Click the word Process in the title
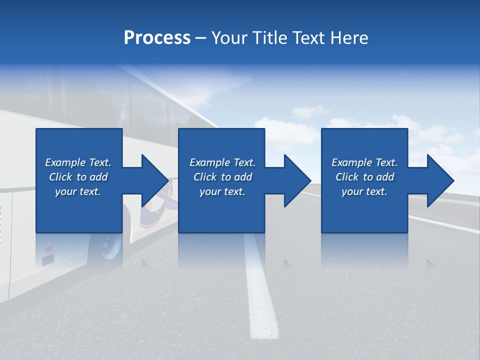tap(157, 38)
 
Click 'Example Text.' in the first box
tap(78, 162)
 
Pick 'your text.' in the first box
tap(78, 191)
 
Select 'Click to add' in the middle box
tap(222, 177)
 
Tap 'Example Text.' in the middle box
tap(222, 162)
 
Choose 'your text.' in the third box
tap(364, 191)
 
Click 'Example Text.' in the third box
tap(364, 162)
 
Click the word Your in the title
tap(229, 38)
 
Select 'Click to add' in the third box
tap(364, 177)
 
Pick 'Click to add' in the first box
tap(78, 177)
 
